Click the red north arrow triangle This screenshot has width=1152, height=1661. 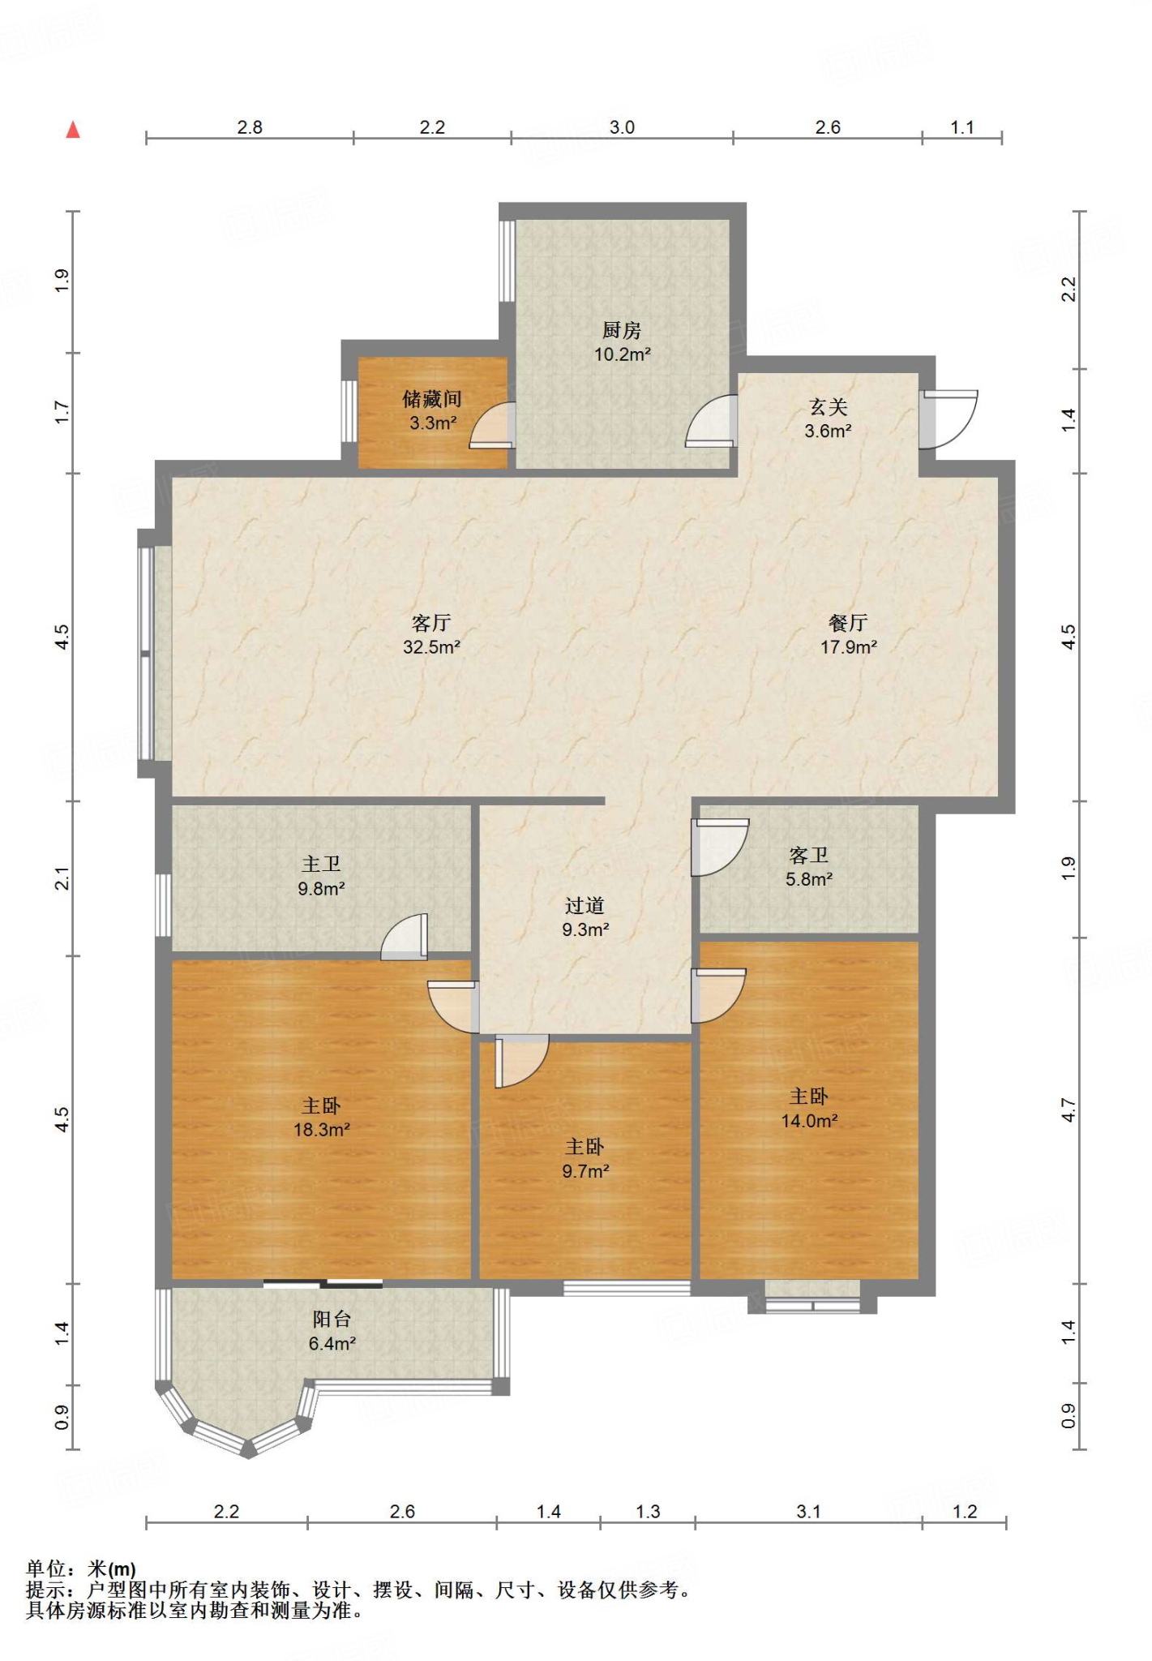pos(73,130)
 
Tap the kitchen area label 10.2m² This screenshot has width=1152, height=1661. pos(623,354)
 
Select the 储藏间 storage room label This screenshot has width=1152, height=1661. pos(432,399)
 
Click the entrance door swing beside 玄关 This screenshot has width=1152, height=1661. pos(948,419)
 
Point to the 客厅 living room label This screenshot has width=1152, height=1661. pos(431,623)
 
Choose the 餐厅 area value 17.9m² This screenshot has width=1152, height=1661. pos(849,647)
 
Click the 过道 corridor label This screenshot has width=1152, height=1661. pos(585,906)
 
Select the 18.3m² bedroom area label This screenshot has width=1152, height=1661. pos(322,1130)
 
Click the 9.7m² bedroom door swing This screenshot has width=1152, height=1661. pos(522,1061)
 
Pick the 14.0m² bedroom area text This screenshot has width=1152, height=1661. pos(809,1121)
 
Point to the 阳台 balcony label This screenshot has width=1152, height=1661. pos(332,1320)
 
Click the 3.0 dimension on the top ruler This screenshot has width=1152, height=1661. pos(622,127)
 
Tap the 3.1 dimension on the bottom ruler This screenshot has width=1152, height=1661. pos(808,1512)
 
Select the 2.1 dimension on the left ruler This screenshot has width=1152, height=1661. pos(62,878)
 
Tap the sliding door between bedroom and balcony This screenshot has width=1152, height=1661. pos(323,1283)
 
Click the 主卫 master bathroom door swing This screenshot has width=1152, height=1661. pos(405,937)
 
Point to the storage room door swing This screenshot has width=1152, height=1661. pos(492,425)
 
